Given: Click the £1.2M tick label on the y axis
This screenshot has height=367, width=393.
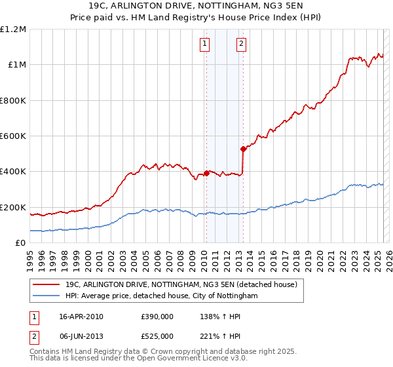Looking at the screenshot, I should tap(13, 29).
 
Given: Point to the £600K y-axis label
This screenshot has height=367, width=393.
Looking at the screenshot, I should tap(13, 136).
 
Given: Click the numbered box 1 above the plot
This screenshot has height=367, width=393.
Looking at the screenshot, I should tap(205, 44).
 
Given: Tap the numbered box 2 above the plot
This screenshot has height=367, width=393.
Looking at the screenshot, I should tap(241, 44).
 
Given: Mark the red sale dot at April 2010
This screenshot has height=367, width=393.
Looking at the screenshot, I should tap(206, 173).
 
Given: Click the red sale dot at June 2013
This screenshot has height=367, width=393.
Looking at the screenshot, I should tap(243, 149).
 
